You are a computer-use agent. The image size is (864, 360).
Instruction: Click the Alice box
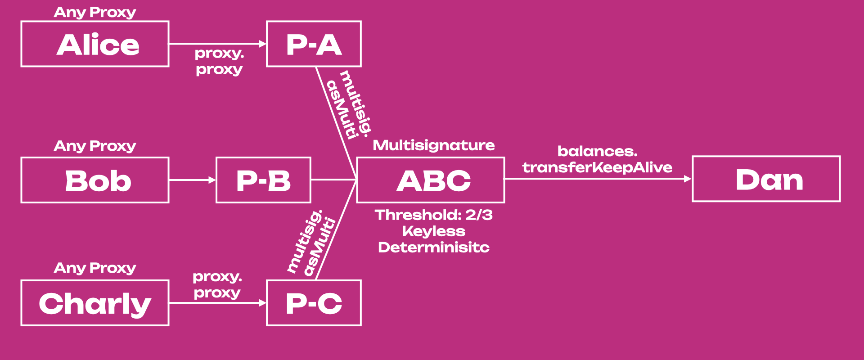point(95,44)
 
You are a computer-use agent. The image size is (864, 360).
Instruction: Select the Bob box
point(95,180)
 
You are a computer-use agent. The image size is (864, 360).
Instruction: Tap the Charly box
point(95,303)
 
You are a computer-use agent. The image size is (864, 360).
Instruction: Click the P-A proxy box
point(314,44)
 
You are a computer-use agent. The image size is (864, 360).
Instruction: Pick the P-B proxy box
point(263,180)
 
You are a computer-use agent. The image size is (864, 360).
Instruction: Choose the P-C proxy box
point(314,303)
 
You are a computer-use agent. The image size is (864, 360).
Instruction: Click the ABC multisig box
point(431,180)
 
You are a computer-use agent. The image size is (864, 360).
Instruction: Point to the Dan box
point(766,179)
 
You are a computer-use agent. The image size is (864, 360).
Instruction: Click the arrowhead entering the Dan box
point(688,179)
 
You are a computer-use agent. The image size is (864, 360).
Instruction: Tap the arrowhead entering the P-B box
point(212,180)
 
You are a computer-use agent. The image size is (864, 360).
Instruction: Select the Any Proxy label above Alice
point(95,13)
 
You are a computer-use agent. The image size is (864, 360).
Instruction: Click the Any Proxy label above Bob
point(95,146)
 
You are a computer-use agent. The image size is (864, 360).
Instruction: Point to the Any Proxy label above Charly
point(95,268)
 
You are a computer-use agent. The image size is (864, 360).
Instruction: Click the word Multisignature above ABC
point(434,145)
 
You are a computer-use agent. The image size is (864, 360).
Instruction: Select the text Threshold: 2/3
point(434,215)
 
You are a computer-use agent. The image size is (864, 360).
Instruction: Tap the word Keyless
point(434,231)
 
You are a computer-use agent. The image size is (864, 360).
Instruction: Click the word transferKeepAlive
point(597,168)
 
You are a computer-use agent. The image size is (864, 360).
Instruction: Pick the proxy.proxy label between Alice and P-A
point(219,62)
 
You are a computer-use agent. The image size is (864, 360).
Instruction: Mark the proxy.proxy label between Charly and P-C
point(217,285)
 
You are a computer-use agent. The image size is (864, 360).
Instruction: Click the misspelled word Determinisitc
point(434,247)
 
